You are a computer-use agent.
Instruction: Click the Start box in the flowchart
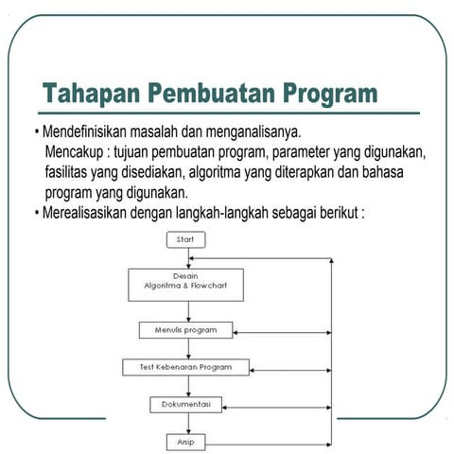pos(185,240)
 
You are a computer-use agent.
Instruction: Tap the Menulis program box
pos(185,330)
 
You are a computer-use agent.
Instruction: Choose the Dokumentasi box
pos(185,404)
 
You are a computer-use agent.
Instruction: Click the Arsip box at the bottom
pos(185,441)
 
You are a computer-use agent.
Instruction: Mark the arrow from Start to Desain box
pos(185,258)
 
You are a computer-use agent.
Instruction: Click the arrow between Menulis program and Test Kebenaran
pos(185,348)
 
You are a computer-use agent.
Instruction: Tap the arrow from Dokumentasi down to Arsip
pos(185,423)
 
